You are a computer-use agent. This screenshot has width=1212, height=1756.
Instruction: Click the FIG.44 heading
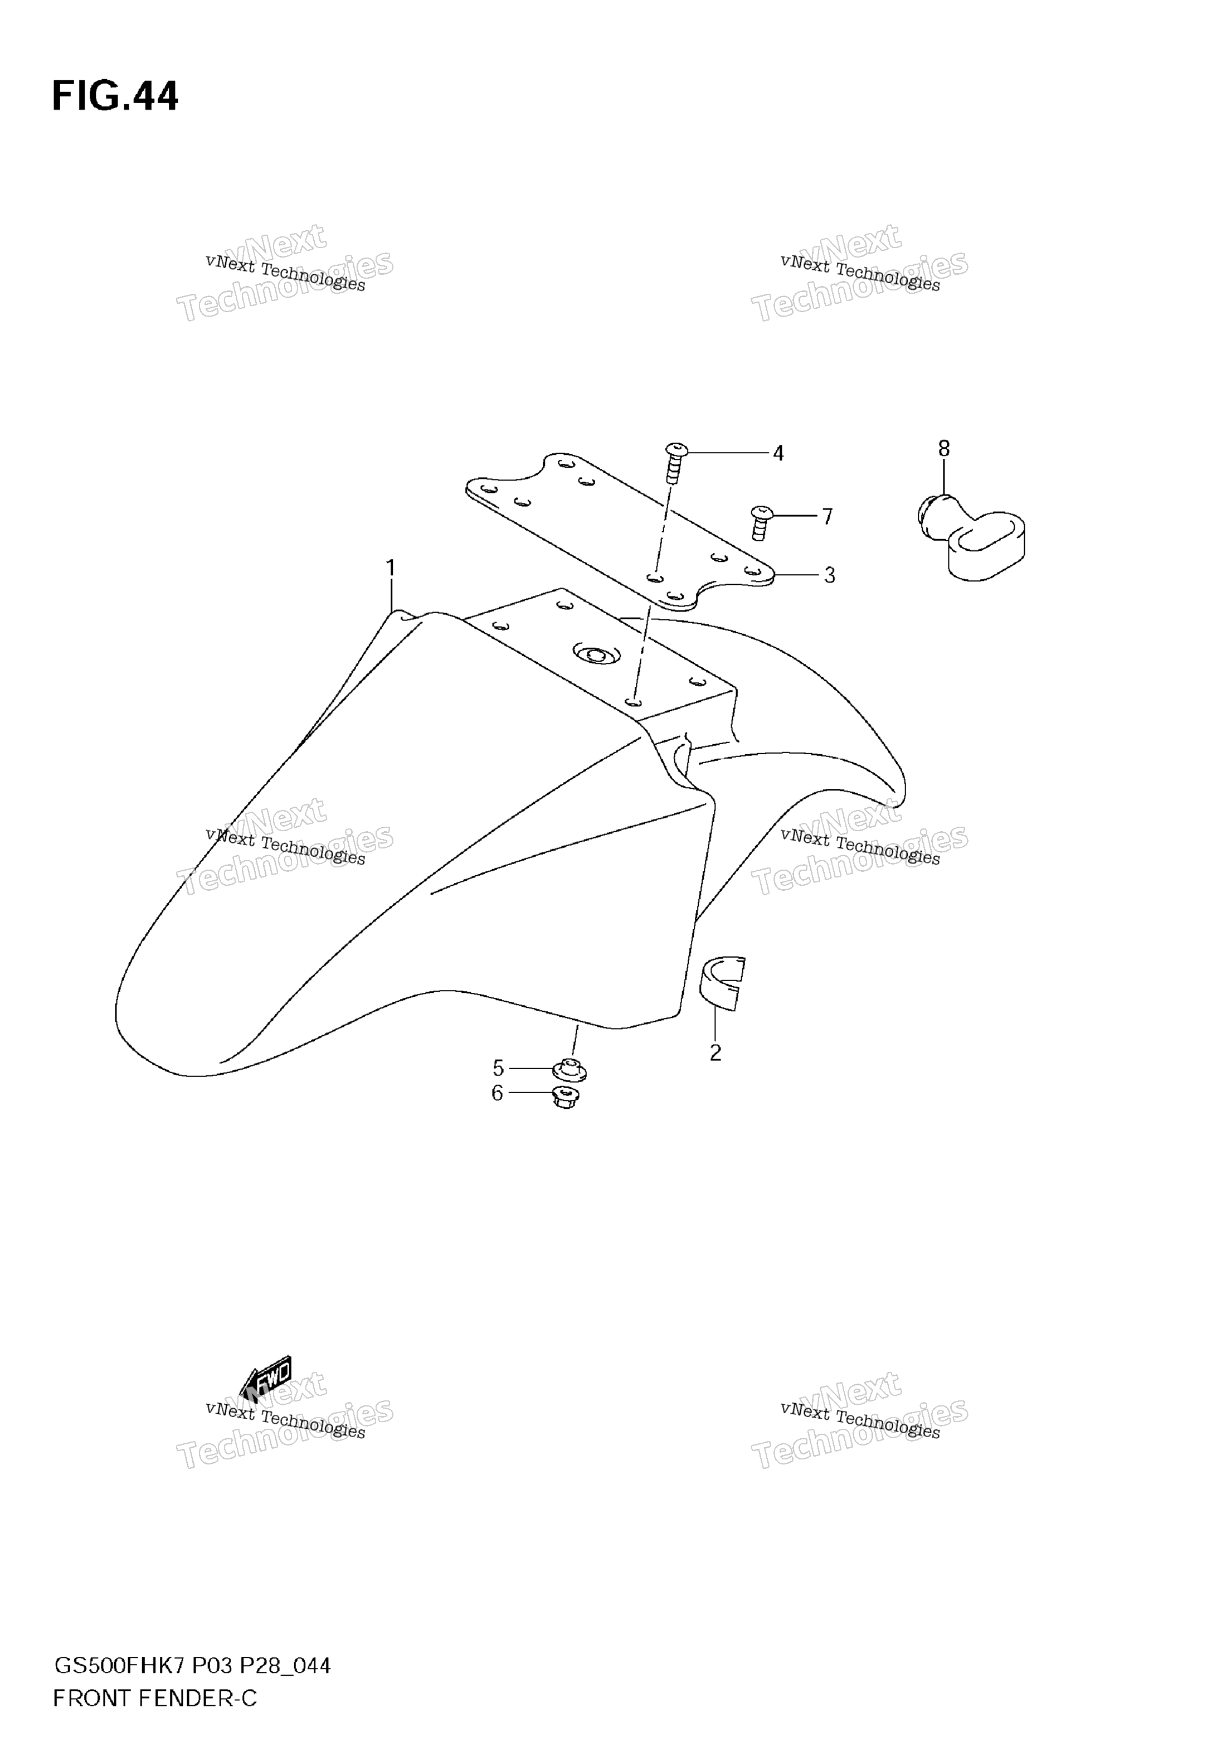(x=115, y=97)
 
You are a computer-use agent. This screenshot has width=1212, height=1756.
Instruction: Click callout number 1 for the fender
(x=391, y=568)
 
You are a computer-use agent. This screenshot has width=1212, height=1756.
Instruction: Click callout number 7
(x=828, y=517)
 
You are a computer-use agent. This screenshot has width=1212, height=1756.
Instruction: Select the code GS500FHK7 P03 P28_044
(x=192, y=1666)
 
